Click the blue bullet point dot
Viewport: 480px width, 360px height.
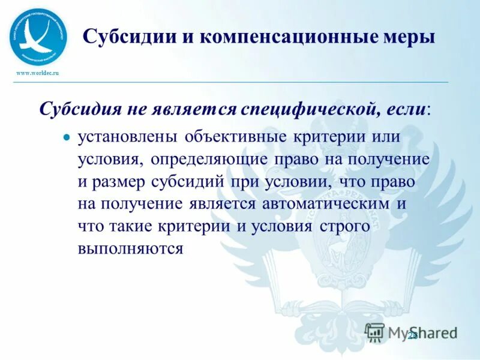(67, 137)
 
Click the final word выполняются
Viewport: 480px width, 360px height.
(130, 248)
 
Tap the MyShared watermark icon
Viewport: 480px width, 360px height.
(374, 332)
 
